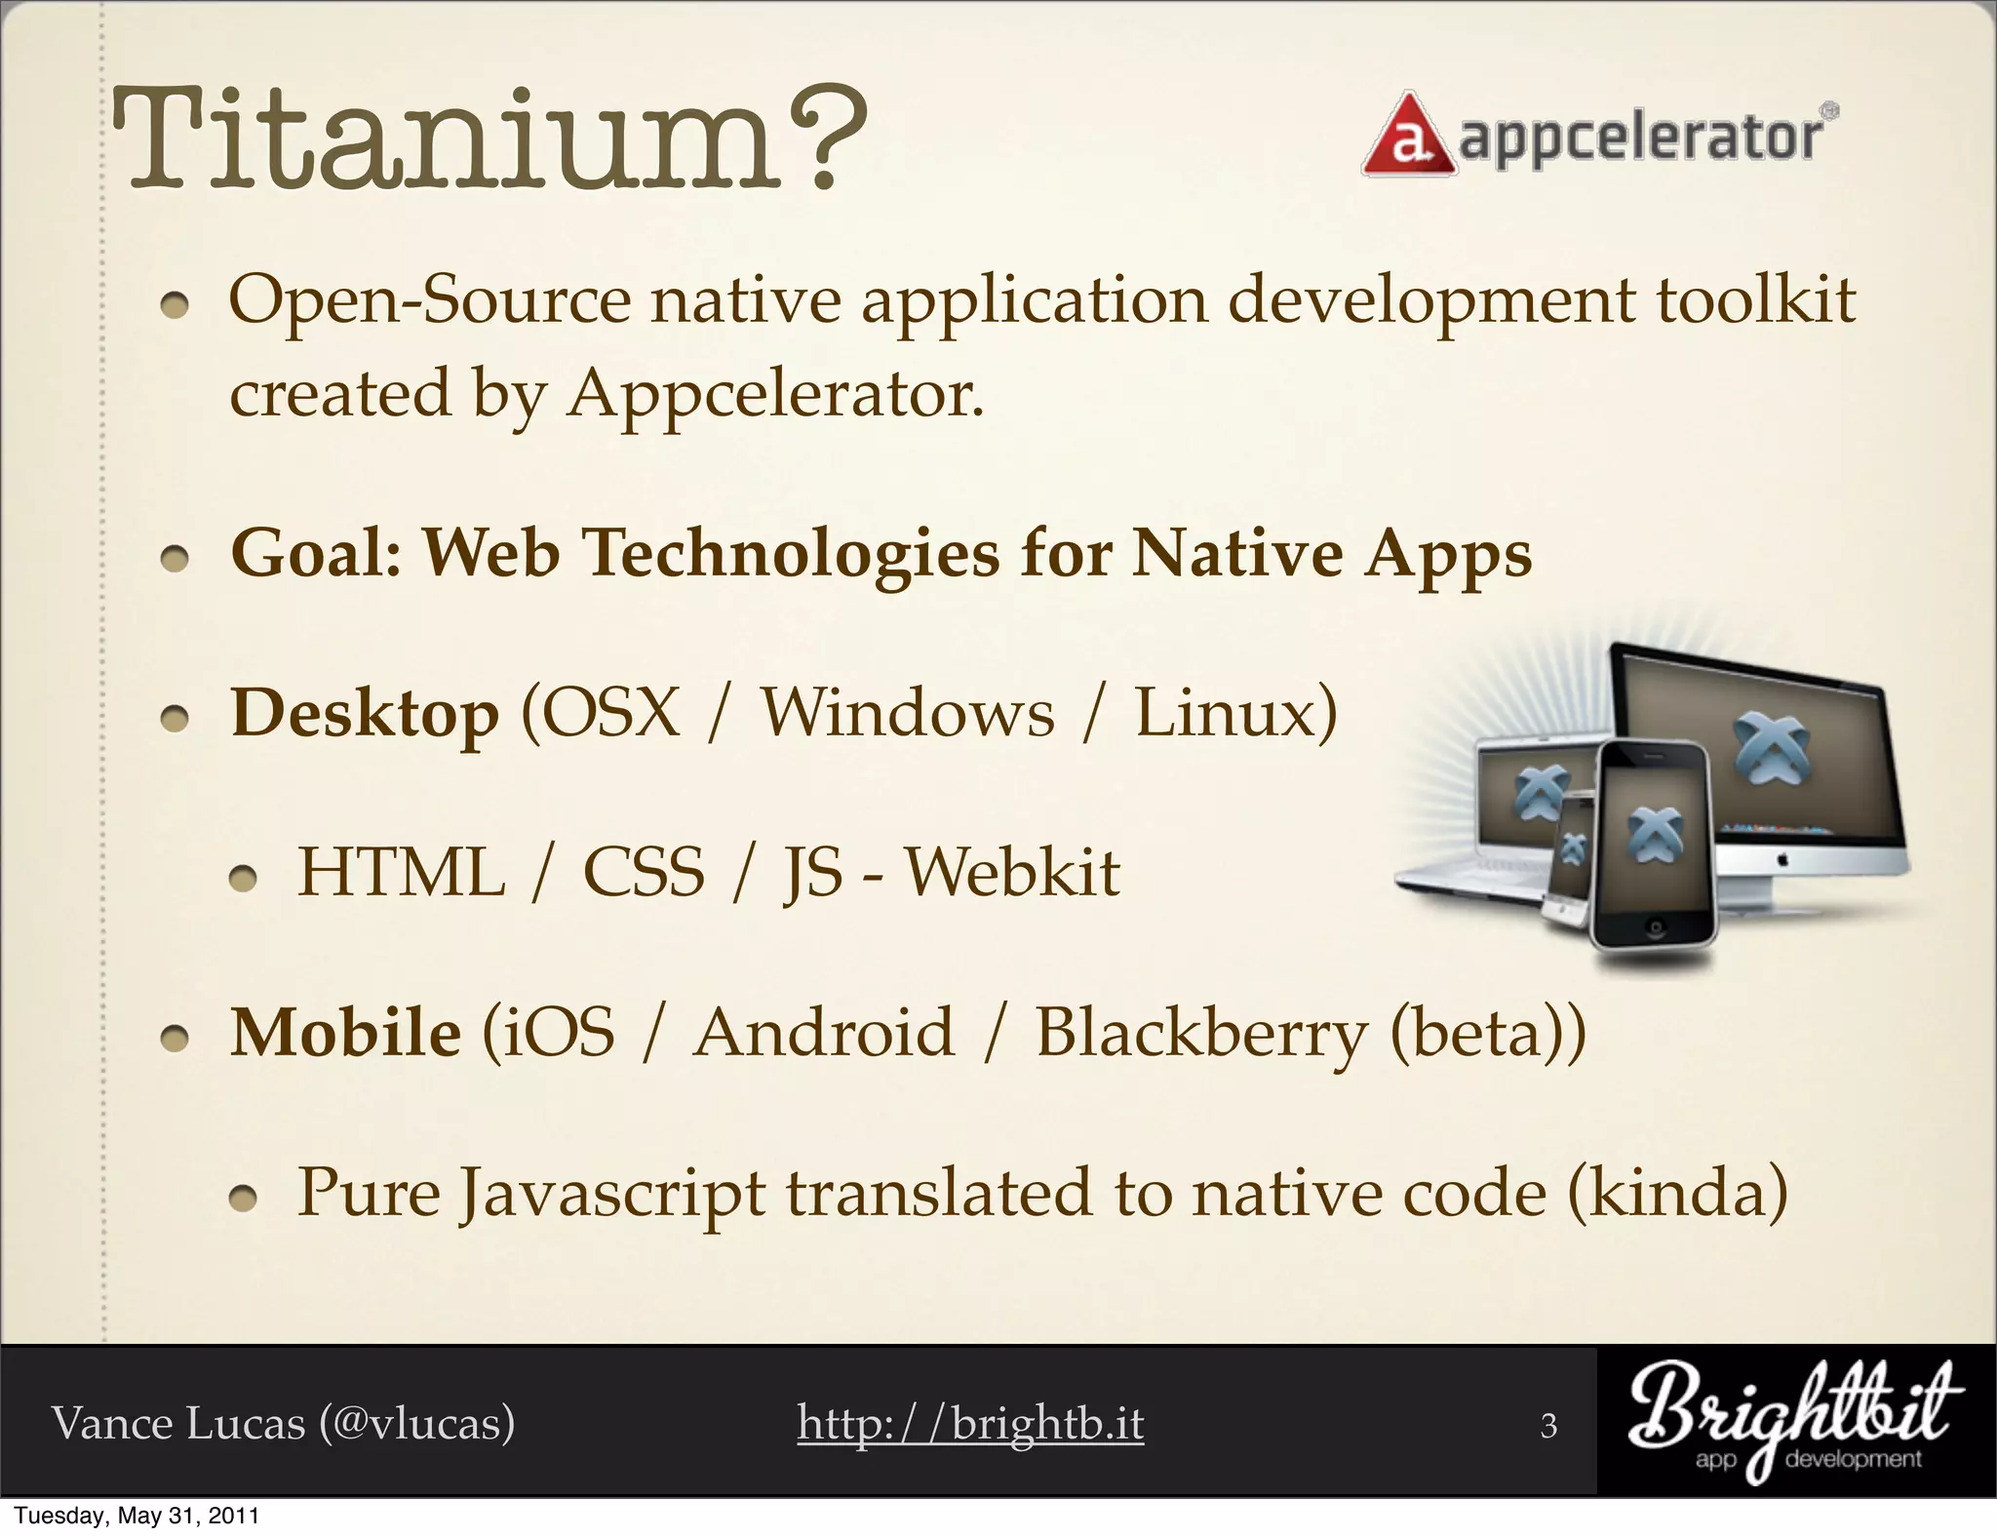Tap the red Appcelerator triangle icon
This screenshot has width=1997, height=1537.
[x=1406, y=138]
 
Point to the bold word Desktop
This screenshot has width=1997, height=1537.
[x=365, y=713]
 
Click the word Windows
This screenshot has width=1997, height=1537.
[x=907, y=713]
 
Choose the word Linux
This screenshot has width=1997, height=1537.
[x=1234, y=713]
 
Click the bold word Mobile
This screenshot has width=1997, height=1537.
[x=345, y=1032]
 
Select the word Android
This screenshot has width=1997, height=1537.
[x=824, y=1032]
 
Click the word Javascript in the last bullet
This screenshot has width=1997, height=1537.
[x=612, y=1194]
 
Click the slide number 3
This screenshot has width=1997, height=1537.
[x=1548, y=1427]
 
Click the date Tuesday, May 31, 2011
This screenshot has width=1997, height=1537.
[x=137, y=1516]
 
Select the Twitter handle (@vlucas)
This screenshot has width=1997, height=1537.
[x=416, y=1423]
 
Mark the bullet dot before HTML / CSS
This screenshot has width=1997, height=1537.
[x=242, y=880]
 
